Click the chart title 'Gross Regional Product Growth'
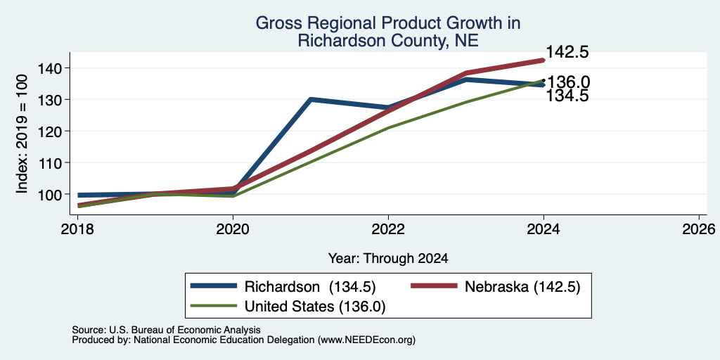[x=388, y=22]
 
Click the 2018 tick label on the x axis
[x=77, y=229]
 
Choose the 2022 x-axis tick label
[x=388, y=229]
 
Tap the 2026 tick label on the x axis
[x=699, y=229]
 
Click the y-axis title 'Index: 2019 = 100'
[x=22, y=134]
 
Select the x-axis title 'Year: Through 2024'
[x=388, y=259]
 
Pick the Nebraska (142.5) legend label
[x=522, y=287]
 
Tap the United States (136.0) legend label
[x=314, y=307]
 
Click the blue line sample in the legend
[x=214, y=286]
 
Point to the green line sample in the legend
[x=214, y=306]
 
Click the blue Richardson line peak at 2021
[x=311, y=99]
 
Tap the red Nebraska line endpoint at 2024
[x=544, y=60]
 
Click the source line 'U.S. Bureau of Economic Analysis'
[x=185, y=330]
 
